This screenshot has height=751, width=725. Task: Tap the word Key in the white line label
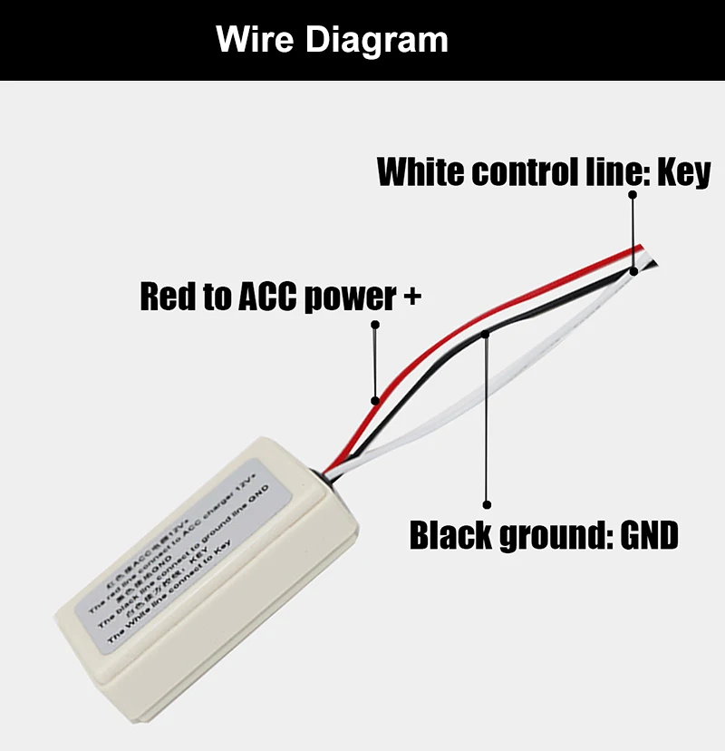coord(683,171)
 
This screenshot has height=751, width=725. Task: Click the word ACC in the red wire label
coord(269,297)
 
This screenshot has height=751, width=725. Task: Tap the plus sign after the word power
coord(411,297)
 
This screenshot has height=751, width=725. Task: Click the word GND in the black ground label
coord(649,536)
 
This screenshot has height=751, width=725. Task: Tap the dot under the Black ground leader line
coord(487,503)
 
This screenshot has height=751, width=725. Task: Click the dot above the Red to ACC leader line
coord(375,324)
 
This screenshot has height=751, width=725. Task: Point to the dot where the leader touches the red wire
coord(374,399)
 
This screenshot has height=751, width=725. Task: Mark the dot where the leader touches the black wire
coord(487,335)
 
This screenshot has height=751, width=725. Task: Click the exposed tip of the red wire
coord(640,247)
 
